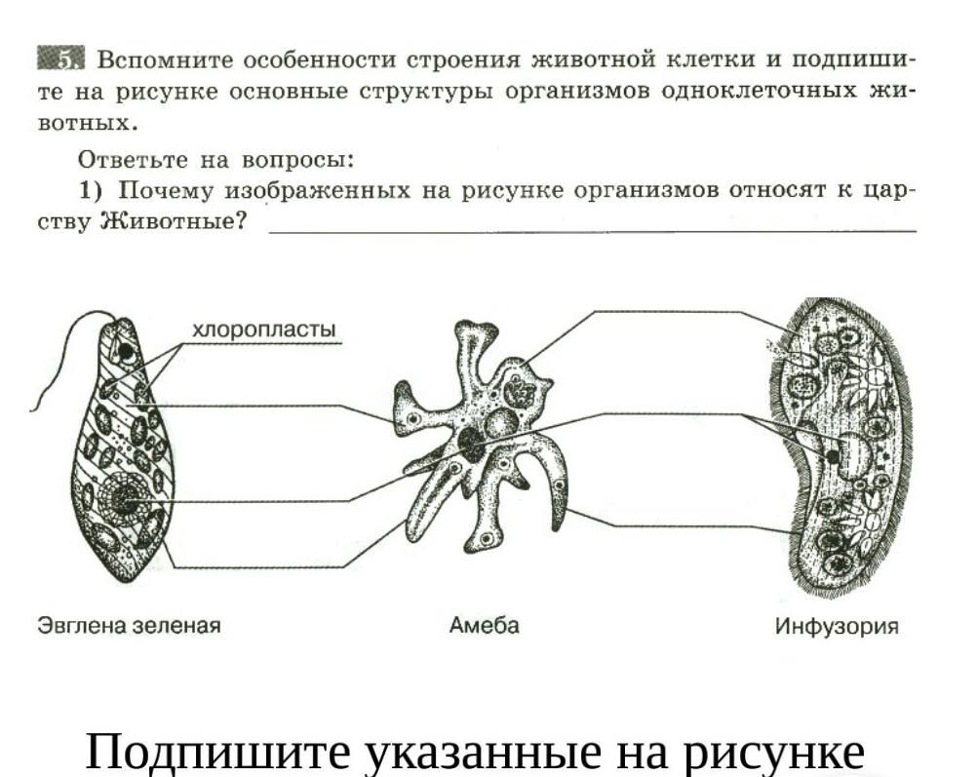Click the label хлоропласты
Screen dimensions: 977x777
(264, 330)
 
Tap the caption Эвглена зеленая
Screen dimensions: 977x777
(129, 626)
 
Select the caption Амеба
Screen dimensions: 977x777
(484, 626)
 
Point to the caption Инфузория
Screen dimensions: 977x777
(836, 626)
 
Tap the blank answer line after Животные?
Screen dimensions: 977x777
(592, 229)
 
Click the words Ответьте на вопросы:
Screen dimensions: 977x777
(215, 159)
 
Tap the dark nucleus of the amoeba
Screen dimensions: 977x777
(472, 444)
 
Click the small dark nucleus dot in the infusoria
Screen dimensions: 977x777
(832, 455)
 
